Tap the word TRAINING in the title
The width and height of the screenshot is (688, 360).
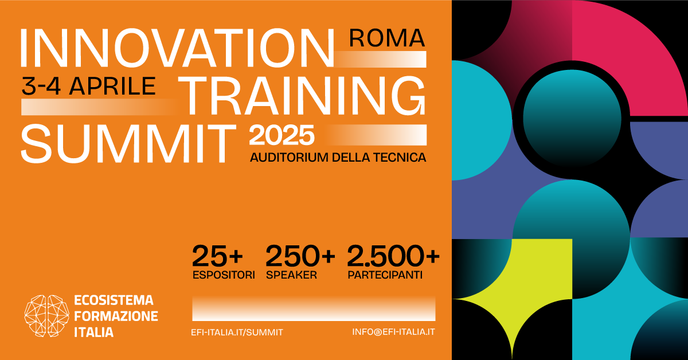(303, 95)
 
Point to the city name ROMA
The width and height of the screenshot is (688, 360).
(387, 38)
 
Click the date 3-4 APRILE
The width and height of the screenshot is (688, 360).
(88, 85)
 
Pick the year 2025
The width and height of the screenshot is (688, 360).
(282, 136)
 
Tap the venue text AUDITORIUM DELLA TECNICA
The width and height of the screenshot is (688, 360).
(338, 157)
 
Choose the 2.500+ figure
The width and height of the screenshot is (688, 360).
(393, 256)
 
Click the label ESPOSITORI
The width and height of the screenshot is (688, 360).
(224, 275)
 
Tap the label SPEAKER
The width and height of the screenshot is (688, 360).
(291, 275)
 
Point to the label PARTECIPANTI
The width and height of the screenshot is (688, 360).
(385, 275)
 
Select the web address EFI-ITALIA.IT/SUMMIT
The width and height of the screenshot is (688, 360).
(237, 332)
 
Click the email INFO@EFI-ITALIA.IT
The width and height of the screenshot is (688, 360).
(393, 332)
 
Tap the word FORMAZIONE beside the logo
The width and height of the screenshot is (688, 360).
(116, 316)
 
